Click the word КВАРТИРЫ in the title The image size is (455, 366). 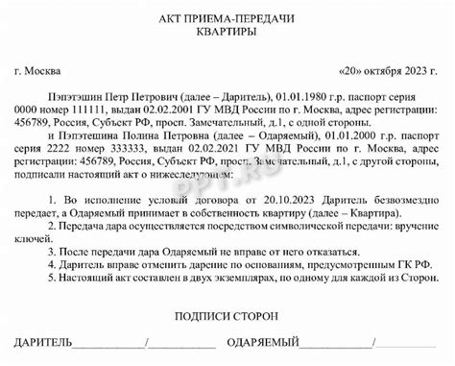(228, 33)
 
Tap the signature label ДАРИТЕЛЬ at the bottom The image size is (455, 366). (44, 343)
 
